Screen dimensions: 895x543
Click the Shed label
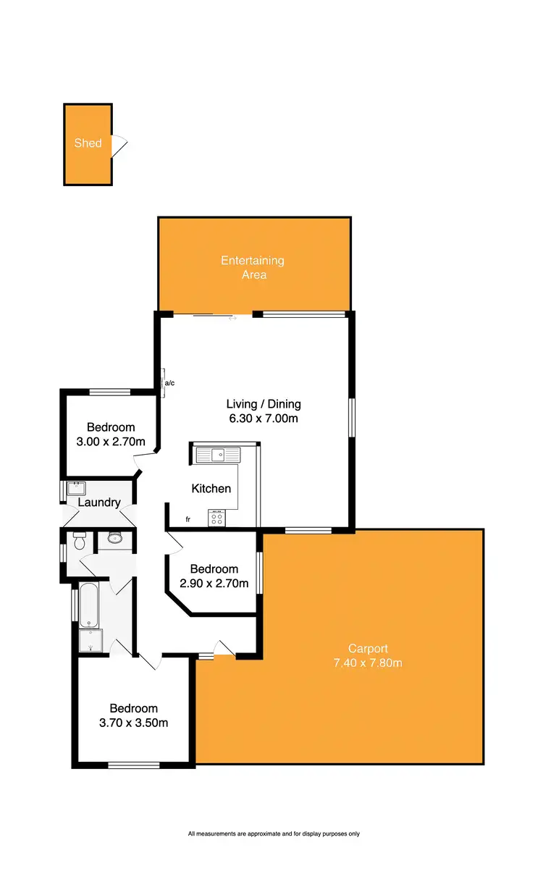coord(88,143)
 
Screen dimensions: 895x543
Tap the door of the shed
coord(120,146)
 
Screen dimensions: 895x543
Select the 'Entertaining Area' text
coord(253,267)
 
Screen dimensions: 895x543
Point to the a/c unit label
coord(169,382)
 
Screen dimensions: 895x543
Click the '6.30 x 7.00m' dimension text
coord(264,418)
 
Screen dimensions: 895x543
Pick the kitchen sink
coord(216,454)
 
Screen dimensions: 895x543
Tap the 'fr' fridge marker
coord(188,519)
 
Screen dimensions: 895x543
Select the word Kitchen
coord(211,489)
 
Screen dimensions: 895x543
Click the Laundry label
coord(98,503)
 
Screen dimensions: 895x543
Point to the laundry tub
coord(76,487)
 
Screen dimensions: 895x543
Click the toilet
coord(80,540)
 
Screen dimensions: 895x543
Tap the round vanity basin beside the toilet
coord(114,537)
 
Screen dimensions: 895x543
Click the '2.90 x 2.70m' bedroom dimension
coord(214,583)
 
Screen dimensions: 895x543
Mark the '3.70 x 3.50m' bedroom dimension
coord(134,722)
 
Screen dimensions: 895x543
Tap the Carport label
coord(368,648)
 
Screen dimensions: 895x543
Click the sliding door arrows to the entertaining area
coord(232,316)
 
